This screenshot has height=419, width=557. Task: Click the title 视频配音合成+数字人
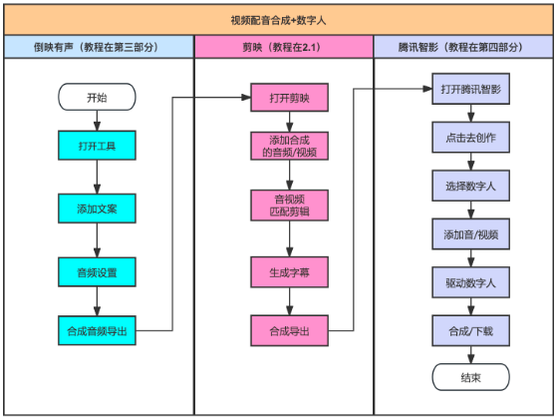pyautogui.click(x=278, y=19)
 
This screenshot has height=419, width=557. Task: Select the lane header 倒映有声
pyautogui.click(x=98, y=46)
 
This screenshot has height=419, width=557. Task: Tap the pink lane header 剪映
pyautogui.click(x=283, y=46)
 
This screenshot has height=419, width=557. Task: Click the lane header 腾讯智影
pyautogui.click(x=461, y=46)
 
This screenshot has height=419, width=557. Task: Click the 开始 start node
pyautogui.click(x=97, y=98)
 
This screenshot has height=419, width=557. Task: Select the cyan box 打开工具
pyautogui.click(x=97, y=147)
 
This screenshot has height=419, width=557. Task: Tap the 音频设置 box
pyautogui.click(x=97, y=270)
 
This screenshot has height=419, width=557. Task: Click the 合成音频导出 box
pyautogui.click(x=97, y=330)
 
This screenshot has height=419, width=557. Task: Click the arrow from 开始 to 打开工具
pyautogui.click(x=97, y=122)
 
